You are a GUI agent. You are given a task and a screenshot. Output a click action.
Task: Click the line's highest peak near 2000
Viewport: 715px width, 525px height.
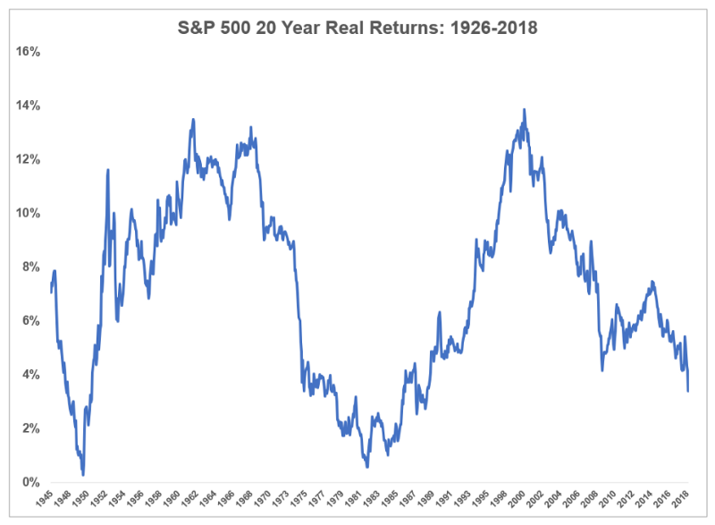click(524, 110)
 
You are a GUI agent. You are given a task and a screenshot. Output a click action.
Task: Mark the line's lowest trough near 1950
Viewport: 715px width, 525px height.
click(83, 474)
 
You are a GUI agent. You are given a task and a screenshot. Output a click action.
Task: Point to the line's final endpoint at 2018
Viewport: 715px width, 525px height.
click(688, 391)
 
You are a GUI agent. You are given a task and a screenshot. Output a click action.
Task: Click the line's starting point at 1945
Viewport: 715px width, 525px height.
click(51, 292)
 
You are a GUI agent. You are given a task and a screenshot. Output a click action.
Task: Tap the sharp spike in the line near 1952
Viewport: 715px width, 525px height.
click(108, 170)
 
